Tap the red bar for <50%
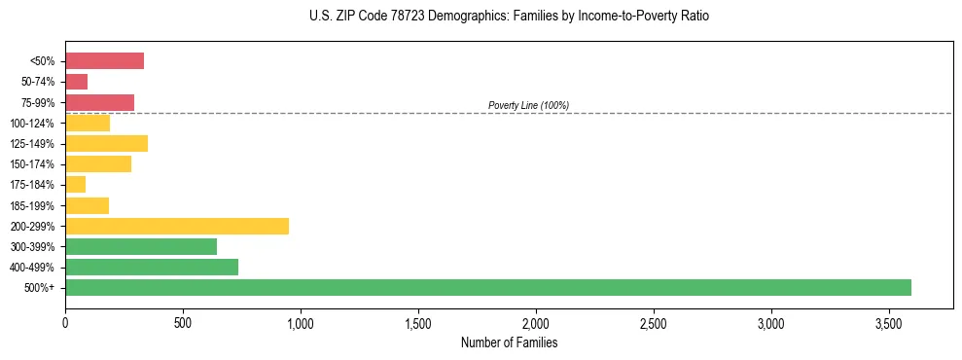pos(104,61)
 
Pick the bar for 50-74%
pos(76,82)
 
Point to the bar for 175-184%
pos(75,185)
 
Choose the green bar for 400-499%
pos(152,267)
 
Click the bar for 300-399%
pos(141,246)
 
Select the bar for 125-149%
pos(106,143)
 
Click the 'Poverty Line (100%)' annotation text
pos(528,105)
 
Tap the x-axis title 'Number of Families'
pos(509,342)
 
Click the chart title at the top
pos(510,17)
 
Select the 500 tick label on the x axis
pos(183,322)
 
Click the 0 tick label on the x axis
pos(65,322)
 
